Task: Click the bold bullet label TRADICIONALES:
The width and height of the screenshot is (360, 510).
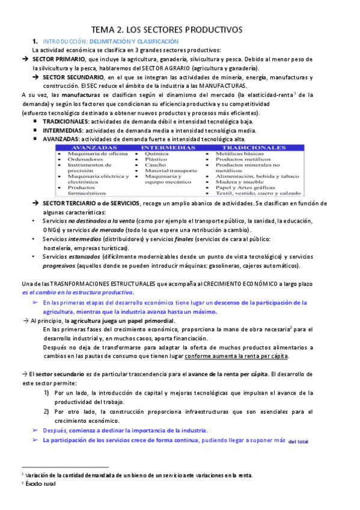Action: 63,121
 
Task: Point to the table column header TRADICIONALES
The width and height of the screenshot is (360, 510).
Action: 253,147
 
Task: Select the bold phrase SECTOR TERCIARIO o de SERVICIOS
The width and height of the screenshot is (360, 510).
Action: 91,204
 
